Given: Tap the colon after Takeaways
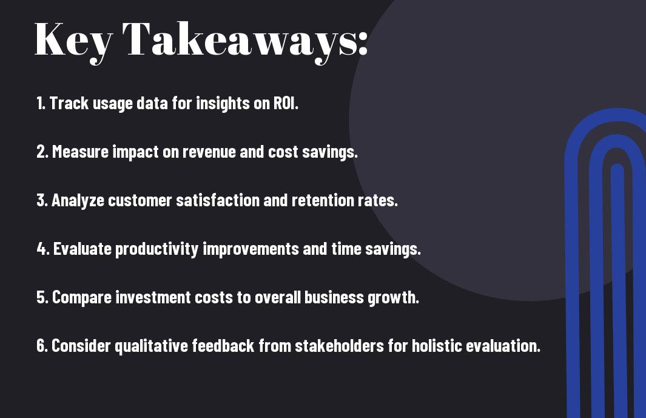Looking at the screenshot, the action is click(x=363, y=44).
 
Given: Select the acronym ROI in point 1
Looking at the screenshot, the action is click(x=285, y=103).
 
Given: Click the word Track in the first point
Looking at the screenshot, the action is click(x=69, y=103).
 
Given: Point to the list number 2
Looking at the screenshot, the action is click(x=42, y=152).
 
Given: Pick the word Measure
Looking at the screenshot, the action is click(x=80, y=152).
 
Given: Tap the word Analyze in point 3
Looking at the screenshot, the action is click(x=78, y=200).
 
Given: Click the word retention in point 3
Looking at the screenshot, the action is click(x=323, y=200).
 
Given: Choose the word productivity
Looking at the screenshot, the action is click(x=157, y=249).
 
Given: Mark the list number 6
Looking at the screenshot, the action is click(x=42, y=345).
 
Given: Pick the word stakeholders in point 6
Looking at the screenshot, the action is click(x=340, y=345).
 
